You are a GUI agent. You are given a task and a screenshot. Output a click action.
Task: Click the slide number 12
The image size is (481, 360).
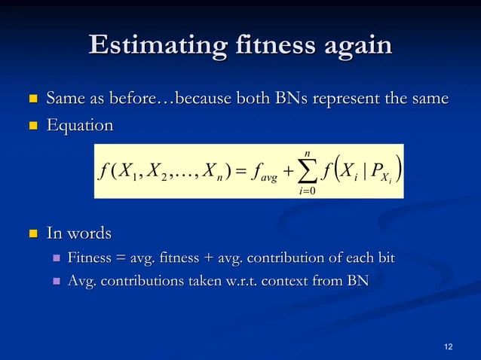[449, 346]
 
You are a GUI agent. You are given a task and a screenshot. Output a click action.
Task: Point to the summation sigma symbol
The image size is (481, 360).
[308, 172]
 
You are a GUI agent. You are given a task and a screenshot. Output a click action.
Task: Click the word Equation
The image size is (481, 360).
[80, 124]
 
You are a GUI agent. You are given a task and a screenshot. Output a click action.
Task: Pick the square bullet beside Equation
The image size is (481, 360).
[32, 125]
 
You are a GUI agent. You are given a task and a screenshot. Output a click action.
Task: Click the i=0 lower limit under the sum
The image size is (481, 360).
[308, 191]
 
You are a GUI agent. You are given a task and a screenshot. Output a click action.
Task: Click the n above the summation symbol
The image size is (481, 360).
[308, 154]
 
